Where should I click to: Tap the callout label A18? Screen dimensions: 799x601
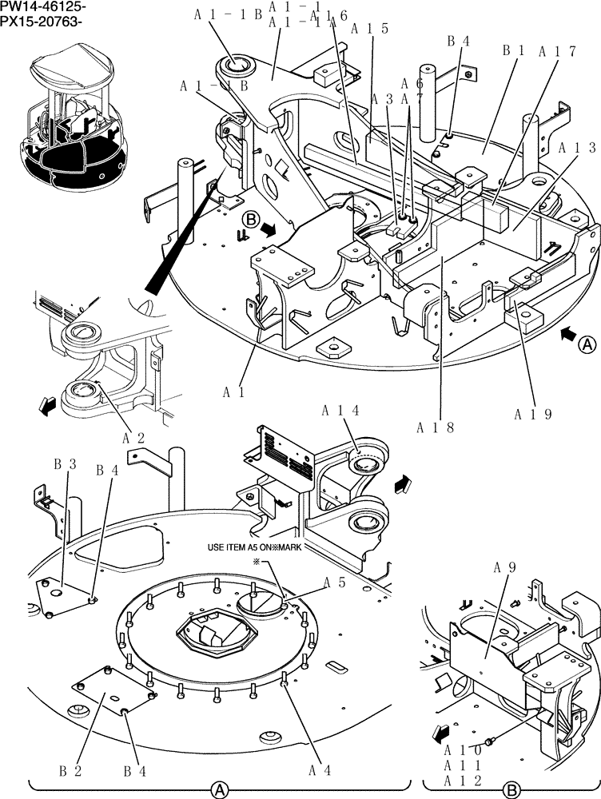click(436, 427)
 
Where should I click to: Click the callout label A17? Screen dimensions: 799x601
click(558, 52)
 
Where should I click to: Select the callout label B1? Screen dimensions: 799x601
click(512, 51)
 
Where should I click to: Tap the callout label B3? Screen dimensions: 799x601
click(65, 463)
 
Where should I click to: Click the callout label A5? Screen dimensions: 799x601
click(334, 584)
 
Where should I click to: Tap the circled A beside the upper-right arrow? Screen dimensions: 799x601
click(587, 345)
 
